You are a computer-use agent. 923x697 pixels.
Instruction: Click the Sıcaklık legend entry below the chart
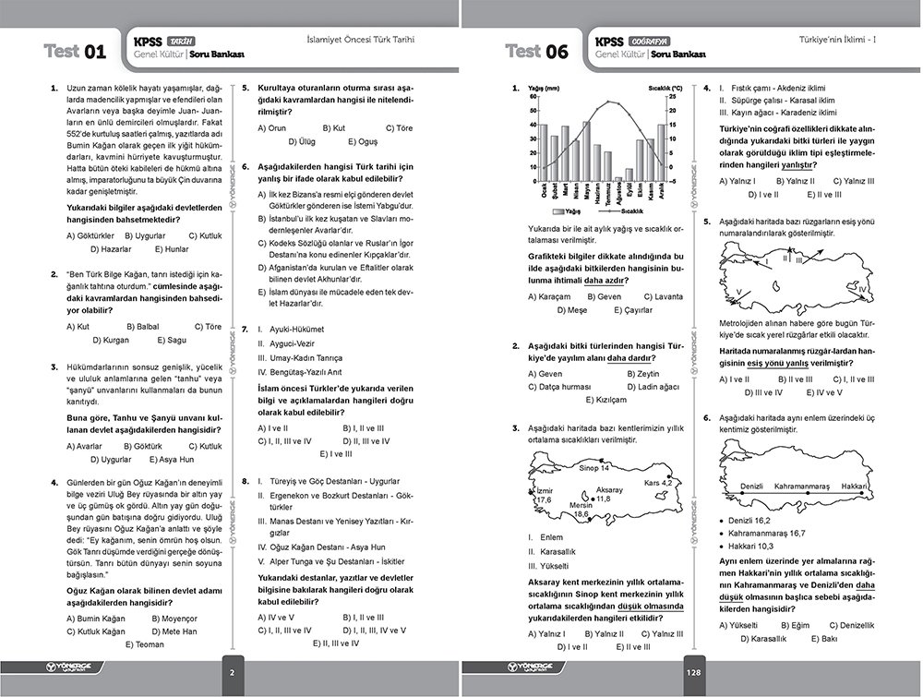(x=629, y=211)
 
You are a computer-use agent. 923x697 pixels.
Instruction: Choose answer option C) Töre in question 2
(x=208, y=327)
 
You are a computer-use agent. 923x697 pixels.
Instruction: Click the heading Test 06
(x=537, y=52)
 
